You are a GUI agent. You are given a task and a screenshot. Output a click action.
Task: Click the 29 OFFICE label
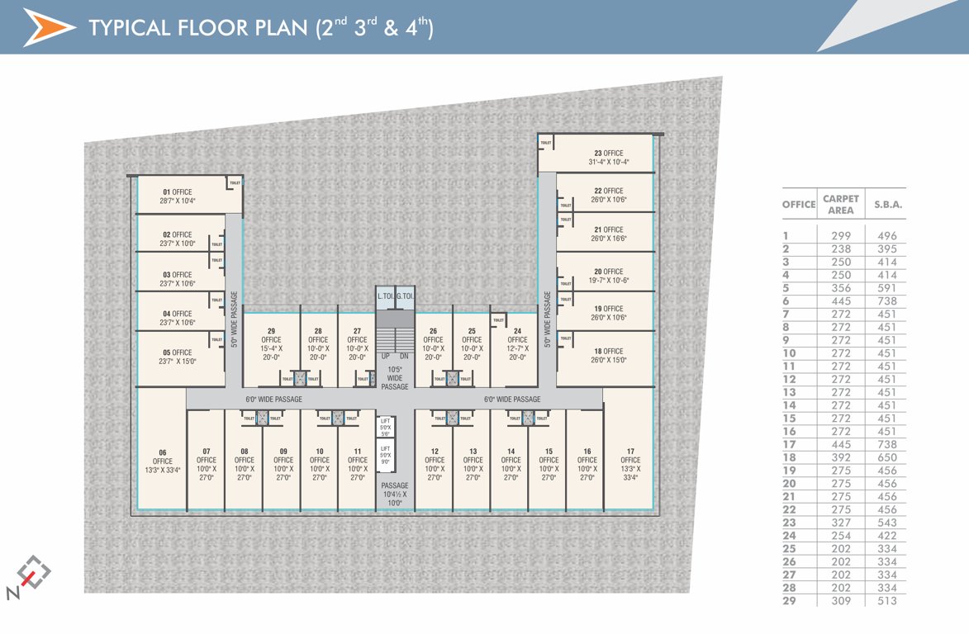271,339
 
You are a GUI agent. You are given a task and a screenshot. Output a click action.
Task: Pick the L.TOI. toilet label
385,296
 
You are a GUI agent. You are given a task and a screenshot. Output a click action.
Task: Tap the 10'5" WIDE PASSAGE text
395,378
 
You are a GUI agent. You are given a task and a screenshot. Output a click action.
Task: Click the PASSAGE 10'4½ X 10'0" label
395,494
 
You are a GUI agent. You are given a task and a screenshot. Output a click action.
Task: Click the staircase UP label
385,357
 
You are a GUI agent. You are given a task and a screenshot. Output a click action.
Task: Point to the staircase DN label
404,357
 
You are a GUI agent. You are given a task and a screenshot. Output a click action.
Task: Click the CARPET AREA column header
841,205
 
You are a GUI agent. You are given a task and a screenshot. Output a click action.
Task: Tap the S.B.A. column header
888,205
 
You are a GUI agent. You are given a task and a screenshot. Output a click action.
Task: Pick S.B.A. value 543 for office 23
887,523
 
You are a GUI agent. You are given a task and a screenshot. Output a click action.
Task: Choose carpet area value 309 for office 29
841,601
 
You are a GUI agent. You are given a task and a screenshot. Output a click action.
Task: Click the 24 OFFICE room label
517,339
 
